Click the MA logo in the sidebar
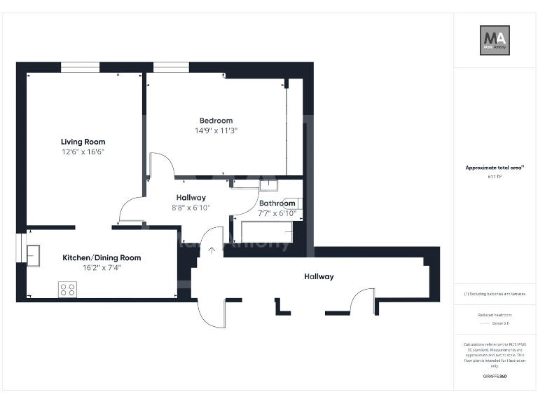pyautogui.click(x=494, y=40)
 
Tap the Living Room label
pyautogui.click(x=83, y=142)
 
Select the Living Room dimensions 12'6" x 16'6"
pyautogui.click(x=83, y=151)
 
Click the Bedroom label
pyautogui.click(x=216, y=121)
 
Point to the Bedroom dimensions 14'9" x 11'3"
pyautogui.click(x=216, y=130)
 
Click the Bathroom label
pyautogui.click(x=277, y=203)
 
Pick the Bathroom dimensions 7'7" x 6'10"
pyautogui.click(x=277, y=213)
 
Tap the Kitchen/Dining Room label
pyautogui.click(x=102, y=257)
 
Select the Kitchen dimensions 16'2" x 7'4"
pyautogui.click(x=102, y=267)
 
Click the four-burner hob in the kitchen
pyautogui.click(x=68, y=289)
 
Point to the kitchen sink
pyautogui.click(x=34, y=255)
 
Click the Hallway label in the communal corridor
pyautogui.click(x=319, y=276)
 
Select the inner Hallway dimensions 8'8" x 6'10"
pyautogui.click(x=191, y=208)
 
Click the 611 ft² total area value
pyautogui.click(x=495, y=177)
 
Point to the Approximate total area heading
pyautogui.click(x=495, y=168)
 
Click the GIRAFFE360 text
pyautogui.click(x=495, y=377)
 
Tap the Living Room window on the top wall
pyautogui.click(x=80, y=67)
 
